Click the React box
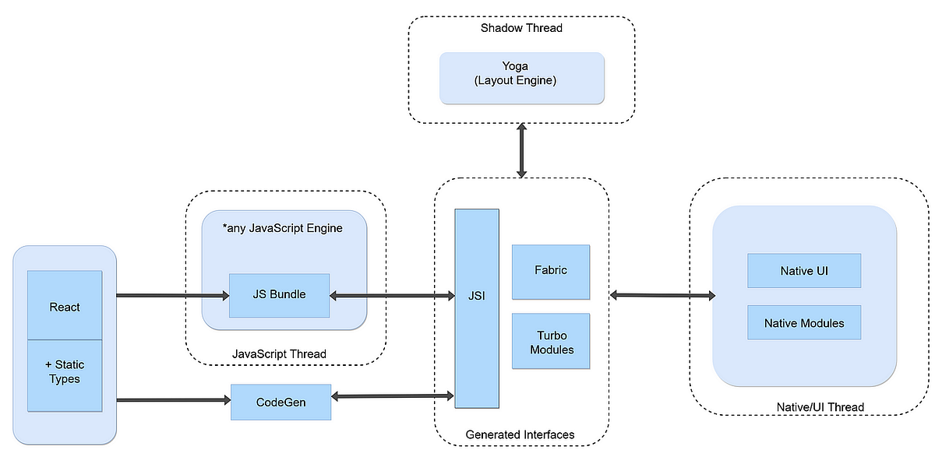65,306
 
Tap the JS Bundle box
279,295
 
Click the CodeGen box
280,402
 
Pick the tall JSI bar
477,308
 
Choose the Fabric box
550,271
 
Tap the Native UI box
803,271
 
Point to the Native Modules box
803,322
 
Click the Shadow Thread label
521,28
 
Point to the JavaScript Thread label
279,354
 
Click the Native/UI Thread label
820,407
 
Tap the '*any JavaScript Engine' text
283,228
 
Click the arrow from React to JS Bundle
171,296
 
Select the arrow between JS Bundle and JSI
392,296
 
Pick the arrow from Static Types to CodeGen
173,401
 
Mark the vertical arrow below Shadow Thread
521,149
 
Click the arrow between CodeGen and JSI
393,396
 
